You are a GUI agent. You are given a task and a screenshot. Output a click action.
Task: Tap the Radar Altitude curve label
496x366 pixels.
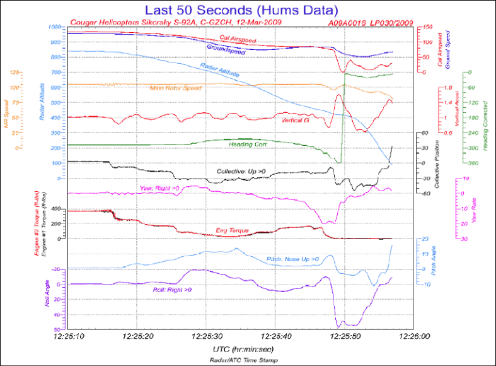pos(219,70)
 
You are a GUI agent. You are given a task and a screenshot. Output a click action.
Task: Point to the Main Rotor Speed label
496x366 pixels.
pos(175,88)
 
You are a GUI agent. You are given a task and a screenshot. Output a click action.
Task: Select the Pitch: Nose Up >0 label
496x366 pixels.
pos(293,259)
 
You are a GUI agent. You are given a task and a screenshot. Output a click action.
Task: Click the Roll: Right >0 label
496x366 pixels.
pos(172,290)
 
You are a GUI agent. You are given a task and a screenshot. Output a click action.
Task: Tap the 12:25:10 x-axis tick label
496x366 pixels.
pos(69,337)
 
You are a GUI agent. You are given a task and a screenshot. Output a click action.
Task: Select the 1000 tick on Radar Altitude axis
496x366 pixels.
pos(56,27)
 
